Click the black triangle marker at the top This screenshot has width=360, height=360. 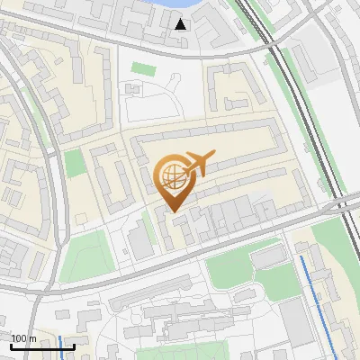pyautogui.click(x=181, y=24)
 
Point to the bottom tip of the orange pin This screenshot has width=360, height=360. pyautogui.click(x=173, y=211)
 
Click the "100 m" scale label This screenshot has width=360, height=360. pyautogui.click(x=23, y=338)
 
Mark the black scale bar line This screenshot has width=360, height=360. pyautogui.click(x=42, y=346)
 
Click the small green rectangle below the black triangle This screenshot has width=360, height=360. pyautogui.click(x=142, y=68)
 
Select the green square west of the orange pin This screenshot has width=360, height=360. pyautogui.click(x=75, y=164)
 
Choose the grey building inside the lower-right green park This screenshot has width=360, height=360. pyautogui.click(x=266, y=258)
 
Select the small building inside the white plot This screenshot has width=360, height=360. pyautogui.click(x=133, y=90)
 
